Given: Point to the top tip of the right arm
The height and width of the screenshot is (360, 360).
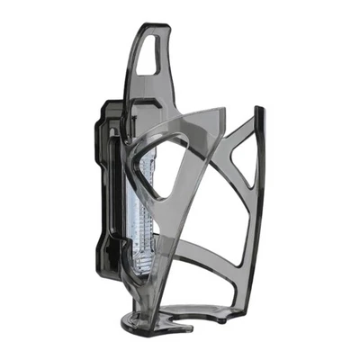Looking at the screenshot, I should click(x=259, y=110).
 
